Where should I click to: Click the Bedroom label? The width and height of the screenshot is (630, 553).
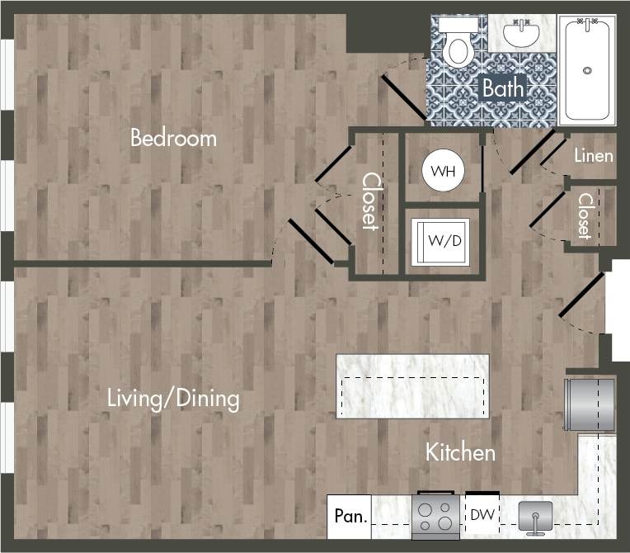click(x=173, y=138)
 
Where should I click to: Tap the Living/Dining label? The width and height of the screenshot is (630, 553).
click(x=173, y=399)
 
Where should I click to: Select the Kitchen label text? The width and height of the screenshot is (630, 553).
click(x=460, y=452)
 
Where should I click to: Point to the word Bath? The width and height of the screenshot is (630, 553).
click(x=501, y=87)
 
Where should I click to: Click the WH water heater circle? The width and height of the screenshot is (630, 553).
click(x=443, y=171)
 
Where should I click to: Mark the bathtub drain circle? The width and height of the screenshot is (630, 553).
click(x=587, y=71)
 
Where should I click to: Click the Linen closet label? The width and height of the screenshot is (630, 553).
click(x=593, y=155)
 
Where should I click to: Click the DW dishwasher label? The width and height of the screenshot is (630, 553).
click(x=482, y=516)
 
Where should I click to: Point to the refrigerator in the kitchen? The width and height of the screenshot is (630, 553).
click(x=590, y=404)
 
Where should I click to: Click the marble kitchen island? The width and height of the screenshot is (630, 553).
click(x=411, y=386)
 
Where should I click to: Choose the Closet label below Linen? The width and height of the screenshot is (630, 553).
click(x=585, y=216)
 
